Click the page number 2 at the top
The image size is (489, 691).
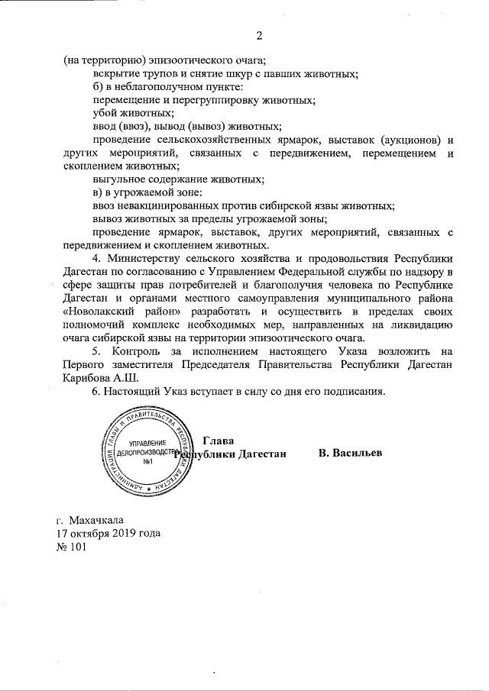pos(259,35)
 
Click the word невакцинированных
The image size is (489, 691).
pos(174,206)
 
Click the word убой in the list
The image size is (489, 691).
pos(104,113)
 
